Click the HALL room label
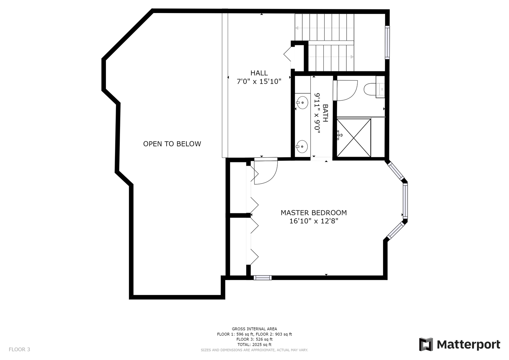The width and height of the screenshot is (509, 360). [x=259, y=73]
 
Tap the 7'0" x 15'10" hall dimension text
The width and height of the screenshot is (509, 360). [x=259, y=81]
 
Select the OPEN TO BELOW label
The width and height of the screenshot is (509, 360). [x=172, y=144]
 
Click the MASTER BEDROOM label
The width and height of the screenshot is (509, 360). [x=314, y=213]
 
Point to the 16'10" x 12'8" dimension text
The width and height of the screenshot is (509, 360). [x=314, y=221]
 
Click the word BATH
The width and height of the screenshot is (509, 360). [x=325, y=113]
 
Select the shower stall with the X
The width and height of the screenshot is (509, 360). [x=354, y=138]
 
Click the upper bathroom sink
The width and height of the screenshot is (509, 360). [x=302, y=103]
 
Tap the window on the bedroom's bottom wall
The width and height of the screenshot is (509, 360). [x=262, y=278]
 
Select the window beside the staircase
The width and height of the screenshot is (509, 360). [x=387, y=43]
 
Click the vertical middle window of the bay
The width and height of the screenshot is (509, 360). [x=405, y=201]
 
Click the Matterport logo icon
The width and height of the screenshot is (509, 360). [x=426, y=345]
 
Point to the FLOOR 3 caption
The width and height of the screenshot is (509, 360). [x=19, y=349]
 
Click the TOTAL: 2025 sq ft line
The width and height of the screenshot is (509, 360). [x=255, y=345]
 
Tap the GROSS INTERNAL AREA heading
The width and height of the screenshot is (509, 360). [x=255, y=329]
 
